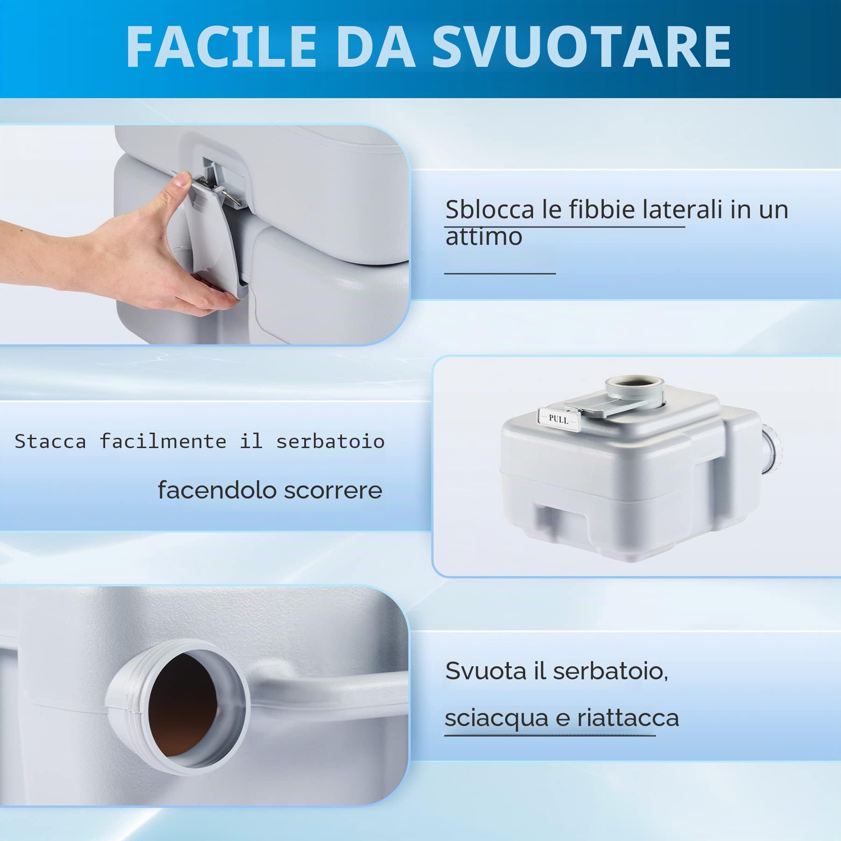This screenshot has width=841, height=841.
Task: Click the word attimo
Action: [x=484, y=236]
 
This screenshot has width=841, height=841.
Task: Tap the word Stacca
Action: [x=50, y=441]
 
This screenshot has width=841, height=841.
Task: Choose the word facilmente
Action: [x=163, y=441]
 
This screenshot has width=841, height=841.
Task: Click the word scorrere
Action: [x=333, y=490]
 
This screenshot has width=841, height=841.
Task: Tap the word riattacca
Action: [x=628, y=718]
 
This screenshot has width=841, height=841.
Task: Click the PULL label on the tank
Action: [x=559, y=419]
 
